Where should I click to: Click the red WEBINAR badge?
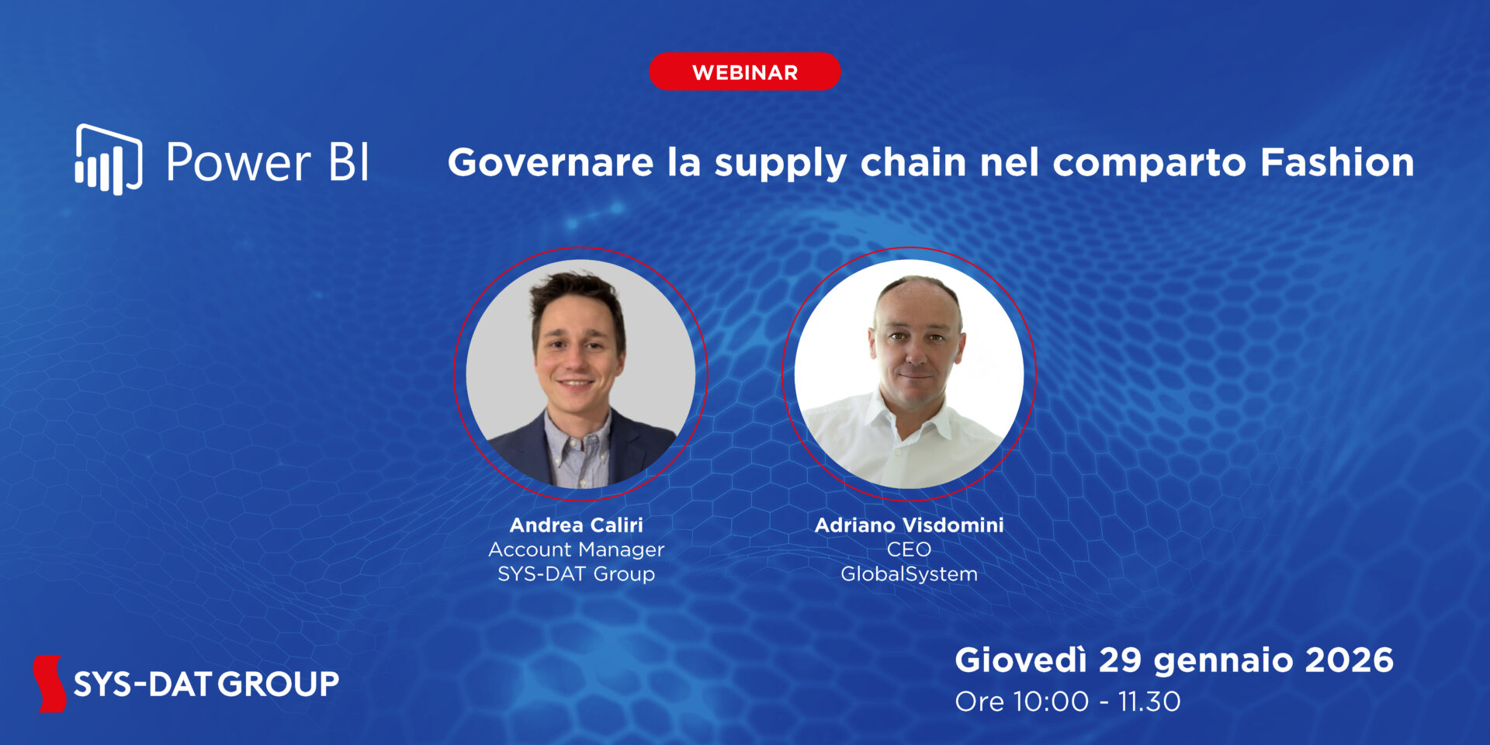point(744,72)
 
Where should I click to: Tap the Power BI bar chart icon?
point(108,161)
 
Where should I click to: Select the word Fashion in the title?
point(1336,163)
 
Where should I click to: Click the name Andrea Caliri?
point(576,525)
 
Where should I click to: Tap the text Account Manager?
point(576,549)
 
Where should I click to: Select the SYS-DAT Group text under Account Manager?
point(576,574)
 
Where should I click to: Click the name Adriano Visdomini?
point(909,525)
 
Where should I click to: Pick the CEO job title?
point(909,549)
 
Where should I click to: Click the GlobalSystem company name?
point(909,574)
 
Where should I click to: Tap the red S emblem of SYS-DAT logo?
point(50,683)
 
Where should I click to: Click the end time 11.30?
point(1149,702)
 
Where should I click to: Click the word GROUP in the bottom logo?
point(278,684)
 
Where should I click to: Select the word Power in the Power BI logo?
point(238,163)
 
